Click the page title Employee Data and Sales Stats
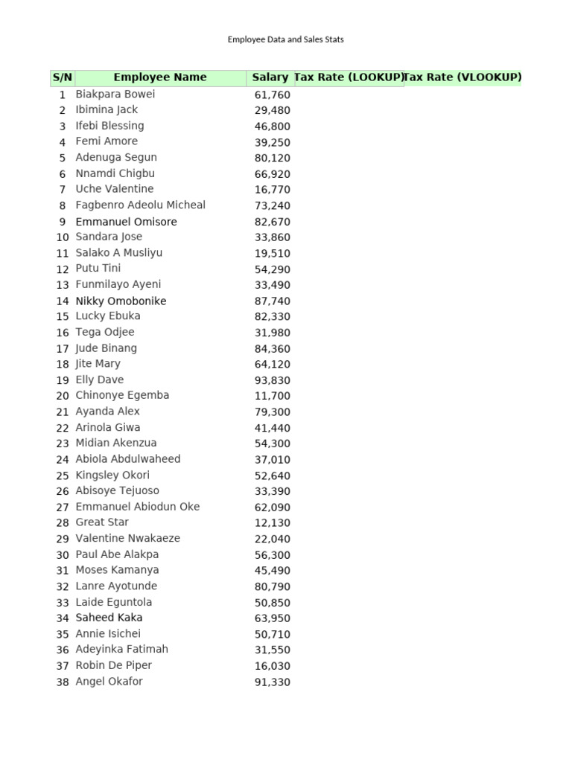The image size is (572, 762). [x=285, y=39]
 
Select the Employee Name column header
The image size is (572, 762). [x=160, y=77]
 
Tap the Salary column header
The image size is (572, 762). [x=270, y=77]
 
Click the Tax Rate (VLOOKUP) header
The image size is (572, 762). [x=463, y=77]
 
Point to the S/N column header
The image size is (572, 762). [x=62, y=77]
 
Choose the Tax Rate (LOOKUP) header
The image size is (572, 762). [x=349, y=77]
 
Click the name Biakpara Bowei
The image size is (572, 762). [x=115, y=95]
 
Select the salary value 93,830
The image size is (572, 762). [x=273, y=380]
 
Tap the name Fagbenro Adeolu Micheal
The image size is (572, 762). [x=141, y=205]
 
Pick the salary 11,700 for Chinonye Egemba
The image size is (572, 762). [x=273, y=396]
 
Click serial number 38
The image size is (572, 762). [x=63, y=682]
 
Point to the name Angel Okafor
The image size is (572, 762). [x=109, y=682]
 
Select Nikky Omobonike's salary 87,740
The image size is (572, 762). [x=273, y=301]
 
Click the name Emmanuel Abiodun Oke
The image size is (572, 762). [x=138, y=507]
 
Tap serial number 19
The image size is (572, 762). [x=63, y=380]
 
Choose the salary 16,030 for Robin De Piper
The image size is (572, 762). [x=273, y=666]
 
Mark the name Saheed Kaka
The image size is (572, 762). [x=109, y=618]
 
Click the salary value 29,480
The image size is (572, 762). [x=273, y=111]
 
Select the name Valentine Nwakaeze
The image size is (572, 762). [x=128, y=538]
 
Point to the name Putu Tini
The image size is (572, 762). [x=98, y=269]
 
